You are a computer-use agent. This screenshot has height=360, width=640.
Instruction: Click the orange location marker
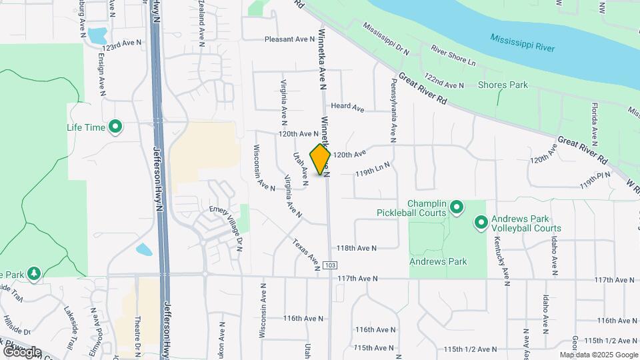(321, 159)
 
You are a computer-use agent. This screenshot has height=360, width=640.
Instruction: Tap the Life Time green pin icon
(115, 126)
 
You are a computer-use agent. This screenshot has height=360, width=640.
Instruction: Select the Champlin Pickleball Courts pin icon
(457, 208)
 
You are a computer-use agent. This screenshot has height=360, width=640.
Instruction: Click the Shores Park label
(503, 85)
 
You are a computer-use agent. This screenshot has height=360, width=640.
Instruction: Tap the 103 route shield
(330, 265)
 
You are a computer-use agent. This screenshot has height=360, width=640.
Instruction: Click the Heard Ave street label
(347, 107)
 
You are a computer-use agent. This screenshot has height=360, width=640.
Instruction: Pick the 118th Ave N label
(357, 248)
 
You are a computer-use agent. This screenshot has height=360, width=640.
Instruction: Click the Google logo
(21, 351)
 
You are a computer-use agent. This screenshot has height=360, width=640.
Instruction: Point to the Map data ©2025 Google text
(599, 355)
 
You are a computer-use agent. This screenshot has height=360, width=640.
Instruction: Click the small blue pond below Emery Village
(143, 251)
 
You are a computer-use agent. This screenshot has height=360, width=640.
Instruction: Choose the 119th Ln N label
(372, 172)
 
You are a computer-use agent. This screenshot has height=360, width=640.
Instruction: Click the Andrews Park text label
(438, 262)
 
